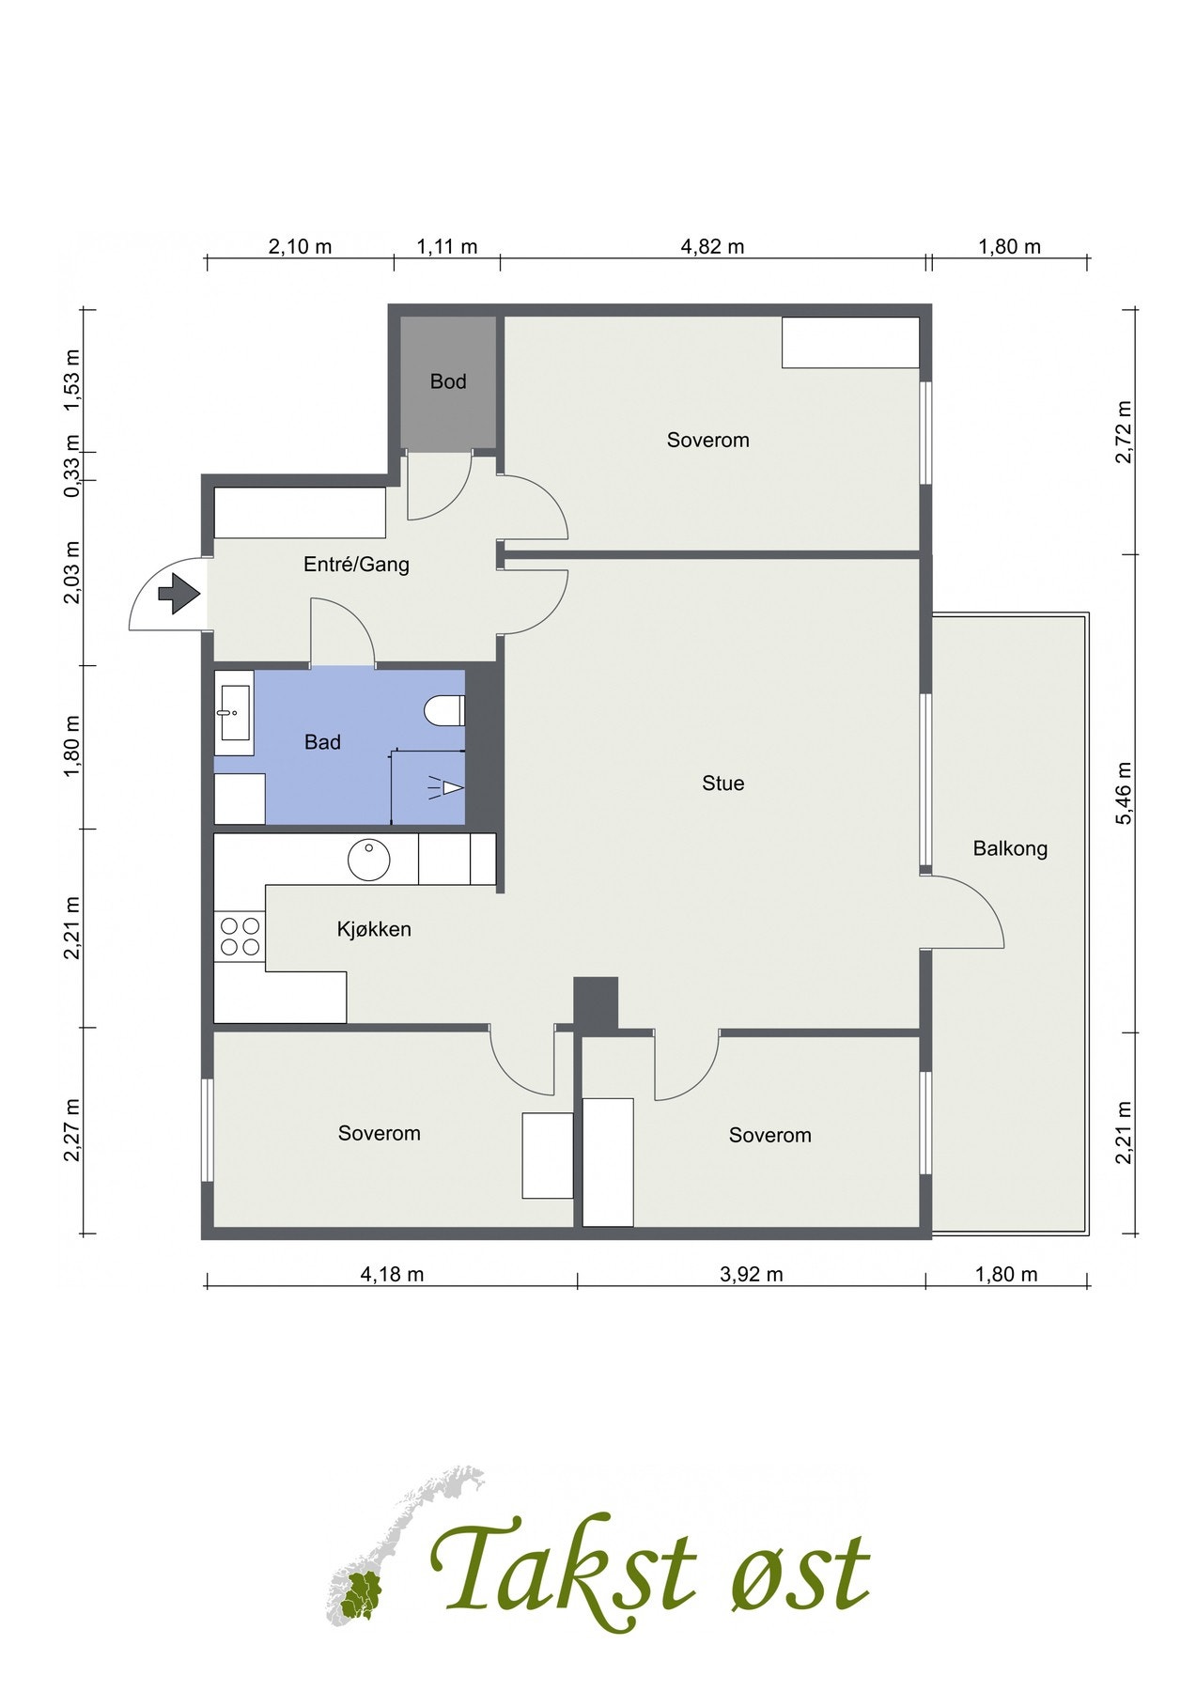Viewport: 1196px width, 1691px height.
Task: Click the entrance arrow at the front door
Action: [x=179, y=594]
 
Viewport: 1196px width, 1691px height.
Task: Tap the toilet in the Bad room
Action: [x=444, y=711]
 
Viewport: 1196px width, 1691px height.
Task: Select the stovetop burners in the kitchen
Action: [x=240, y=937]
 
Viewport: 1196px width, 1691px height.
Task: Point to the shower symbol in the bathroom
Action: [x=447, y=787]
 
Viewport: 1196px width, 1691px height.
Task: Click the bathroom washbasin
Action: [x=233, y=713]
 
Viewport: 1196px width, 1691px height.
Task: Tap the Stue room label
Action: [x=723, y=783]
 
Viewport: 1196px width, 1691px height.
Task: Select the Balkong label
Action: [x=1010, y=848]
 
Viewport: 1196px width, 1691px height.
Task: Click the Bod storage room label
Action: [x=448, y=381]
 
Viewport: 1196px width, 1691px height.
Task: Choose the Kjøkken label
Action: [x=374, y=929]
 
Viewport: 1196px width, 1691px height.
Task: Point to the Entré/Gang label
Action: [x=356, y=565]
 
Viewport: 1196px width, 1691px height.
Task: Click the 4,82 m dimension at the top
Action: [x=712, y=247]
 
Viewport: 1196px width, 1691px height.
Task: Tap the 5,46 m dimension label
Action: [x=1124, y=793]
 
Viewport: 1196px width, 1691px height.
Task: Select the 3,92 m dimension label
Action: [x=752, y=1275]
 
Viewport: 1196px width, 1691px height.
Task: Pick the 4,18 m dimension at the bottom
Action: [x=392, y=1275]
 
